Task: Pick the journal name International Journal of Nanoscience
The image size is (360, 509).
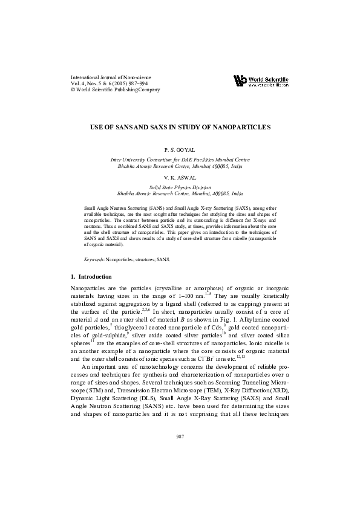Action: tap(111, 77)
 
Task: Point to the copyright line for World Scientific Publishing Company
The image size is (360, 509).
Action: tap(116, 89)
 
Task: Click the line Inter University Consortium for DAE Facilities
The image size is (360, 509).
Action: tap(180, 157)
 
